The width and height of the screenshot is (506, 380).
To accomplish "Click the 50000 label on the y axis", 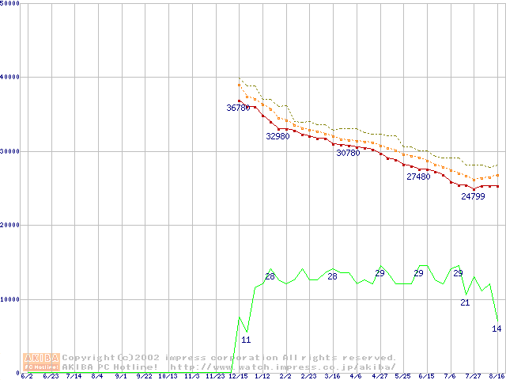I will pos(9,4).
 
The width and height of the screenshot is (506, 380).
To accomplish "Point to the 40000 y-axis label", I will pos(9,77).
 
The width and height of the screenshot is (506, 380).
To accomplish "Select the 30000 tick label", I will pos(9,151).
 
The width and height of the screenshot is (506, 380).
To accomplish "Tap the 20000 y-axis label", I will pos(9,225).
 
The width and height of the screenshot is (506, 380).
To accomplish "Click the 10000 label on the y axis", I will pos(9,299).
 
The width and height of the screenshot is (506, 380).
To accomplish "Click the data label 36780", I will pos(238,108).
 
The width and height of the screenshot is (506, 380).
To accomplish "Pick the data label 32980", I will pos(278,136).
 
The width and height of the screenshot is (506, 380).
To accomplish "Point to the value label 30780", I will pos(348,153).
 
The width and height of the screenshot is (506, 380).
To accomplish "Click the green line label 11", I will pos(246,340).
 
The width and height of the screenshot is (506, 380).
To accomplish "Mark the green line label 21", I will pos(465,302).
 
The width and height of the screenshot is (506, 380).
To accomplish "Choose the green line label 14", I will pos(497,329).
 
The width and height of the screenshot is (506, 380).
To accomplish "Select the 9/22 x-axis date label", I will pos(144,376).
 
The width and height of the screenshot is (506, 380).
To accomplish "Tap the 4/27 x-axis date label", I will pos(379,376).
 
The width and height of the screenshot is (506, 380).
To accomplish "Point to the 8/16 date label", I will pos(497,376).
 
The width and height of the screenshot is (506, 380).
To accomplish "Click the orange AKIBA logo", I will pos(42,361).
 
